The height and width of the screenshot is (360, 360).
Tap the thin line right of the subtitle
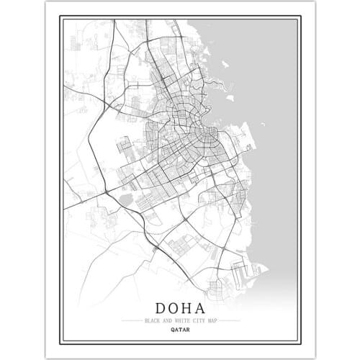(229, 319)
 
